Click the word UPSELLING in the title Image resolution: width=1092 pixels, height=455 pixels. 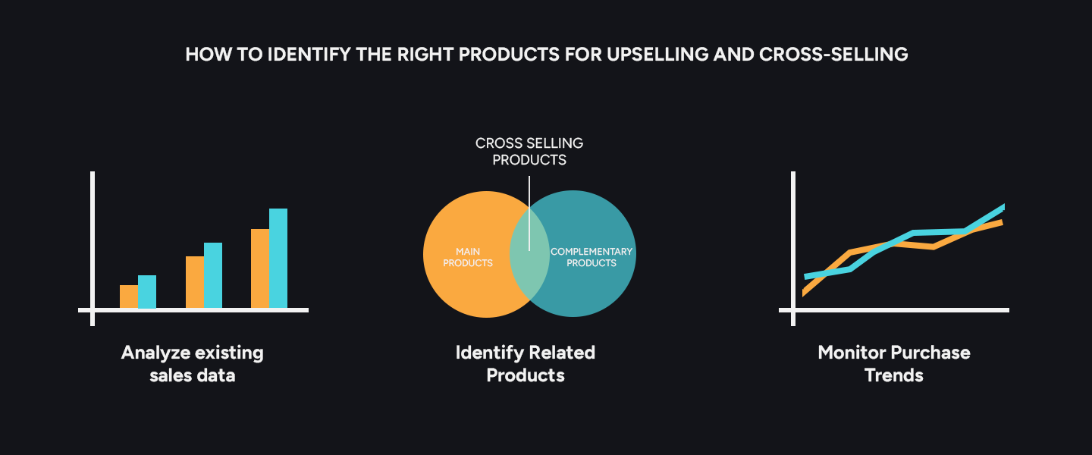pos(657,55)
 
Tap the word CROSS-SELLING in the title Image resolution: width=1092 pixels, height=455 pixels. pos(833,55)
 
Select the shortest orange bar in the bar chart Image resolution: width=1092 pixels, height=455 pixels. pos(129,297)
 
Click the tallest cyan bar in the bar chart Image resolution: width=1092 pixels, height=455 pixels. pos(278,259)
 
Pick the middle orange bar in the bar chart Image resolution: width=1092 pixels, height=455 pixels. pos(194,282)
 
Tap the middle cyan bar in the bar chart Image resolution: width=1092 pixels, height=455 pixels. pos(213,275)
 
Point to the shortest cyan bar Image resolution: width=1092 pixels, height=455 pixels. pos(147,292)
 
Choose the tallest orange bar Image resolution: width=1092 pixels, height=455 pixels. pos(260,268)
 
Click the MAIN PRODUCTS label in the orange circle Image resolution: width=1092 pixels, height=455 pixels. pos(468,257)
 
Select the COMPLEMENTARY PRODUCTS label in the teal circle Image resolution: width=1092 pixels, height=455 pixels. pos(591,257)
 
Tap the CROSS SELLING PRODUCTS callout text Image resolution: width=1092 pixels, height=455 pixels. pos(529,151)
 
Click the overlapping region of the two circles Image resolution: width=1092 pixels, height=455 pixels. pos(529,253)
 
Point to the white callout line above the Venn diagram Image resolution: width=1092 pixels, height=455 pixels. pos(529,214)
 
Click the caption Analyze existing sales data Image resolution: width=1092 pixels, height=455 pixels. pos(193,364)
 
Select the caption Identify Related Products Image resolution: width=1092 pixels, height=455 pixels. pos(526,364)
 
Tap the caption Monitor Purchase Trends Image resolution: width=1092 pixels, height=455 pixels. pos(894,364)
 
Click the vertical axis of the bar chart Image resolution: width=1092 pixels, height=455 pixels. pos(93,249)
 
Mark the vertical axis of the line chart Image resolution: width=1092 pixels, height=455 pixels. pos(793,249)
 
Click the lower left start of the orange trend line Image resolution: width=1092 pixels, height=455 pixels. pos(804,293)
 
